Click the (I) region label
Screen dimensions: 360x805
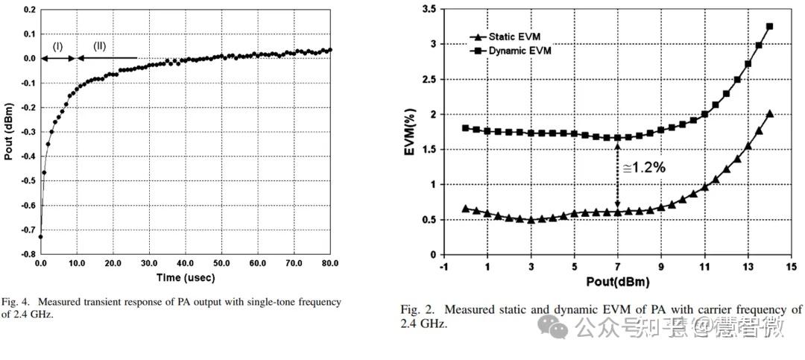(57, 46)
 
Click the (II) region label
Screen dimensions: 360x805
(99, 46)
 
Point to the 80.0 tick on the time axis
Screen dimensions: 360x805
(330, 264)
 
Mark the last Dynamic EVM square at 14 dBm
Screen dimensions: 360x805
(769, 26)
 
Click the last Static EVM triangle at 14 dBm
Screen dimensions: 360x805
(769, 114)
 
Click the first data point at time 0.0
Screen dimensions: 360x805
(40, 236)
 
